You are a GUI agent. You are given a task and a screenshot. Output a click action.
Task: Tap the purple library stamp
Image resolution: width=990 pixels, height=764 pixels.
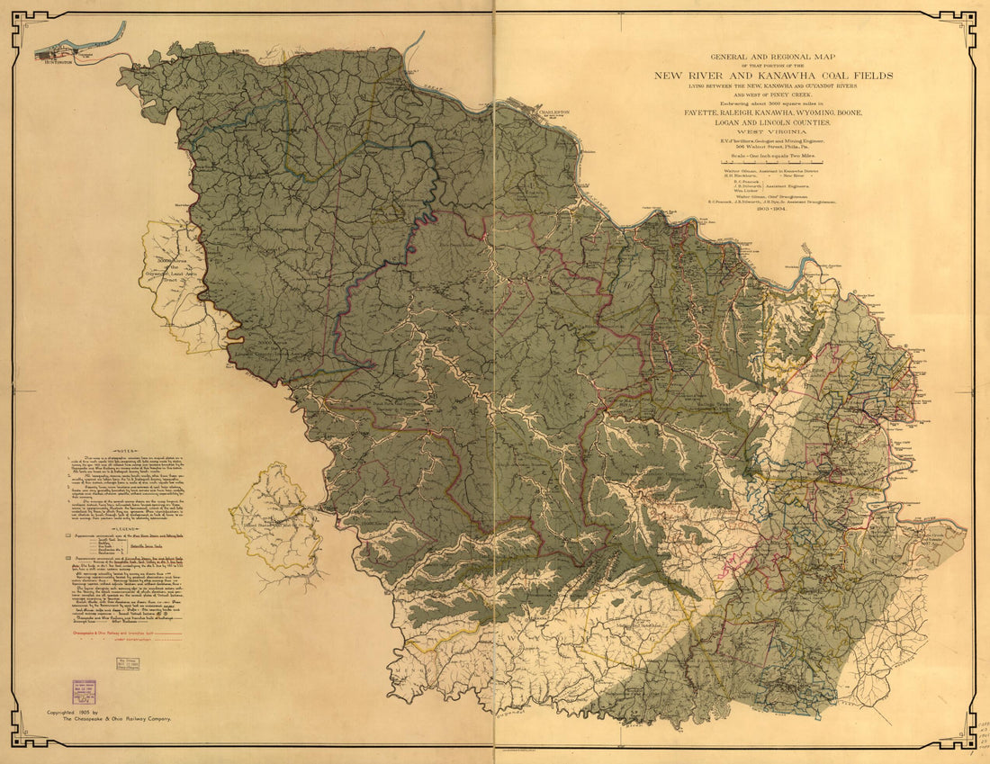click(x=85, y=691)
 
